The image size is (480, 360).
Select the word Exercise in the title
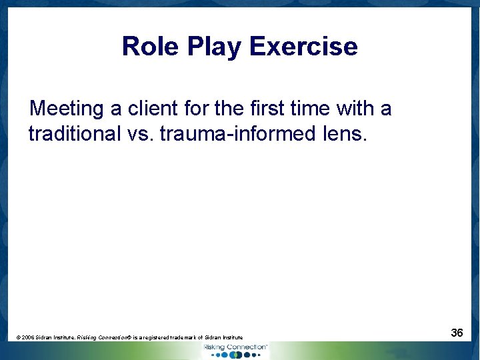(x=303, y=47)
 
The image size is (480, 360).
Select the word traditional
(x=74, y=133)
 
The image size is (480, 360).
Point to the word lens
(x=344, y=133)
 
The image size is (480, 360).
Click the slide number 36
(x=457, y=333)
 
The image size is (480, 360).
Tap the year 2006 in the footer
(x=28, y=338)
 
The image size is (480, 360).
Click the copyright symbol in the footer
(x=18, y=338)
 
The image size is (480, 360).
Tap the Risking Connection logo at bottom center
(x=235, y=351)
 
